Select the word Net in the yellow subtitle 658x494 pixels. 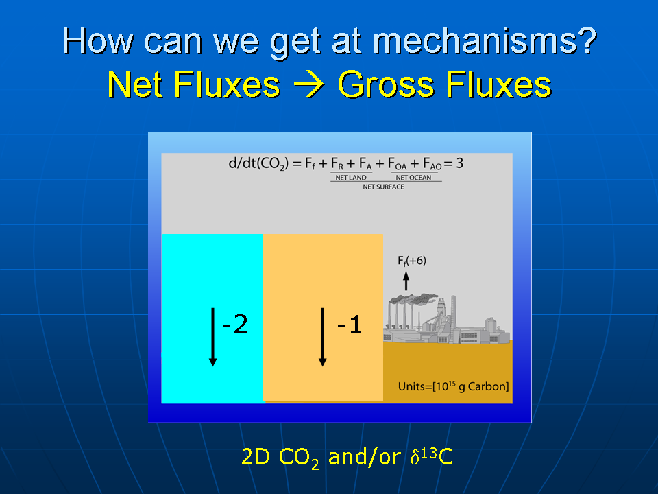[x=135, y=84]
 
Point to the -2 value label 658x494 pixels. [x=234, y=325]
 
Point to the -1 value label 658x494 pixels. [x=350, y=325]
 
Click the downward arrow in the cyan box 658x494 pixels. [x=212, y=337]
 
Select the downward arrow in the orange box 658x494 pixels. [x=322, y=337]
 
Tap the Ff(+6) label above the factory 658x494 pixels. [x=412, y=261]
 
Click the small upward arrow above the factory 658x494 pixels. [x=406, y=281]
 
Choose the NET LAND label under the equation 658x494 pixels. [x=351, y=178]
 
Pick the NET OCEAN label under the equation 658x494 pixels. [x=413, y=178]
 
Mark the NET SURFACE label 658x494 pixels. [x=384, y=187]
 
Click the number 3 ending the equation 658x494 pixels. [x=459, y=163]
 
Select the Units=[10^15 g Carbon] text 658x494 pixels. [x=453, y=386]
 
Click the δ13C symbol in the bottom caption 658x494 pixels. [x=431, y=457]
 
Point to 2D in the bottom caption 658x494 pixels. [x=256, y=457]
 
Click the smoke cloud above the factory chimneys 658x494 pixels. [x=414, y=300]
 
